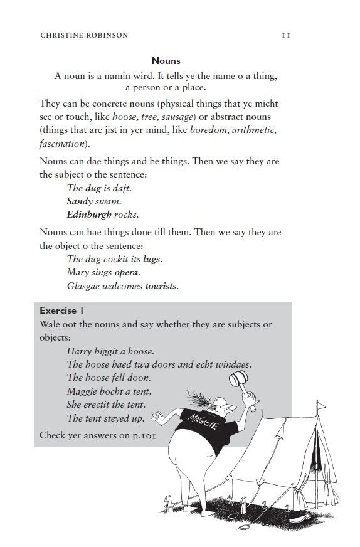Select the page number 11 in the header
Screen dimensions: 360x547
[x=285, y=35]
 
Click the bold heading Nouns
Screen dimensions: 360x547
[x=166, y=61]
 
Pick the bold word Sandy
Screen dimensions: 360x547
[x=79, y=201]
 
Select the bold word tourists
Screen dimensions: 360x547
[x=161, y=286]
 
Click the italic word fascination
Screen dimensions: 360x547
[x=60, y=143]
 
